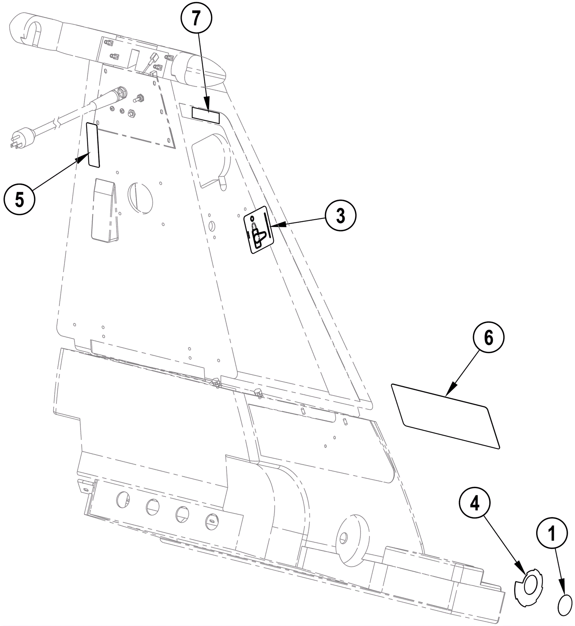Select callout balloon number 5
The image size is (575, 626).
(19, 199)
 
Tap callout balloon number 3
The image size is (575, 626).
(340, 215)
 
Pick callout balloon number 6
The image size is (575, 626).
(488, 337)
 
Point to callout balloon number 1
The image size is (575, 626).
(552, 534)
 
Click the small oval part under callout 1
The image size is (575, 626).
(565, 606)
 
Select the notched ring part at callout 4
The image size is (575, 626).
(528, 588)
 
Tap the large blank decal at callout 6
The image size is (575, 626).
(446, 416)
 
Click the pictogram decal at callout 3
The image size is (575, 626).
(259, 230)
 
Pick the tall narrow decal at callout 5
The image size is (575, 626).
(93, 144)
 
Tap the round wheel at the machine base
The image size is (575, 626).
(351, 536)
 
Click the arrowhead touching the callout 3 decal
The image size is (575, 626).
(277, 225)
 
